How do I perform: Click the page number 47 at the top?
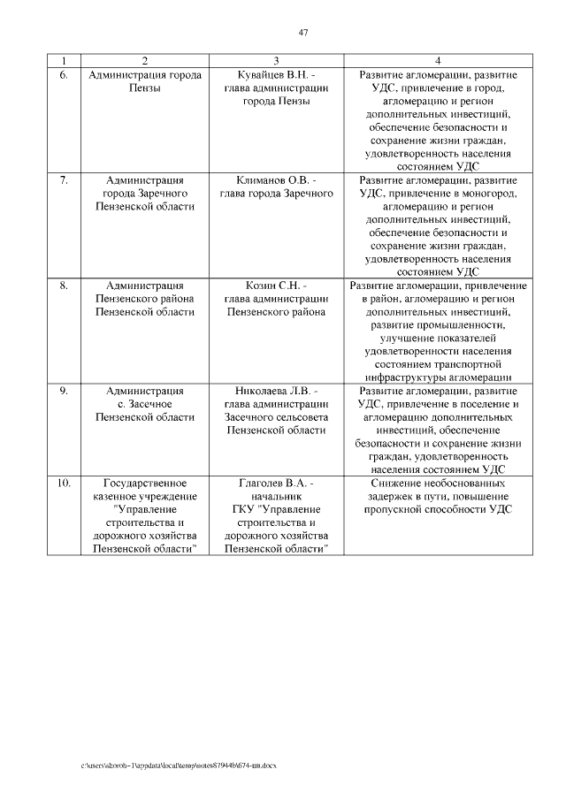302,33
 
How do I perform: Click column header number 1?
64,61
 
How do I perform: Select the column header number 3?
276,61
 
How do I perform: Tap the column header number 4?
438,61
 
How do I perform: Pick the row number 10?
64,484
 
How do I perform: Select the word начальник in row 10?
276,497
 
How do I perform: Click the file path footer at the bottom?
179,764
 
